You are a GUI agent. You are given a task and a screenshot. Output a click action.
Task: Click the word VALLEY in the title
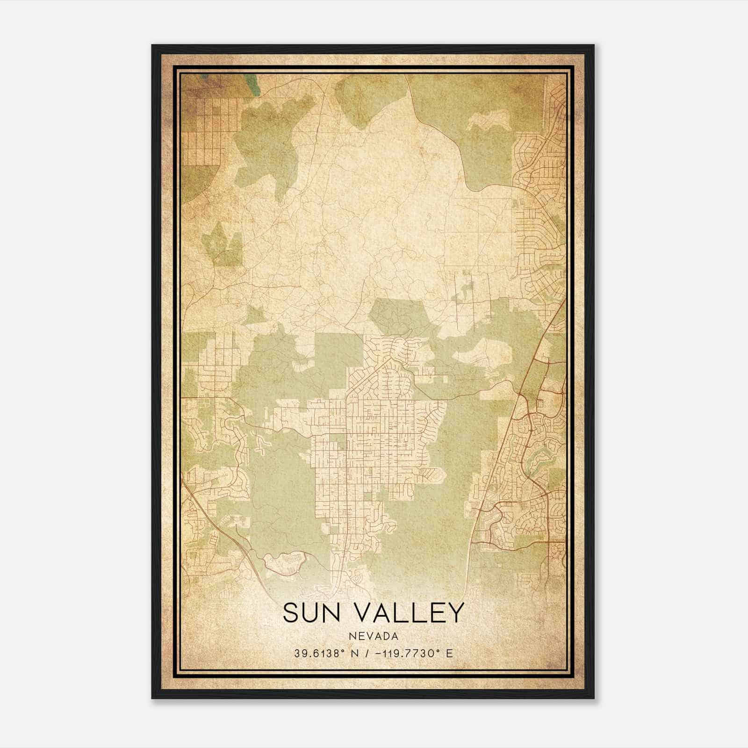(x=411, y=612)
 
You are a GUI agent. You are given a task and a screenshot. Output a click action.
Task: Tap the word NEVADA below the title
(x=373, y=636)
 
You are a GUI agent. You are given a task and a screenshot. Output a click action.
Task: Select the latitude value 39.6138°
(x=320, y=653)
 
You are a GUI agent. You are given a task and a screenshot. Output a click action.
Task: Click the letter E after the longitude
(x=449, y=653)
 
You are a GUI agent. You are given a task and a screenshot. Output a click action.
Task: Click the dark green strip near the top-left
(x=253, y=85)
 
